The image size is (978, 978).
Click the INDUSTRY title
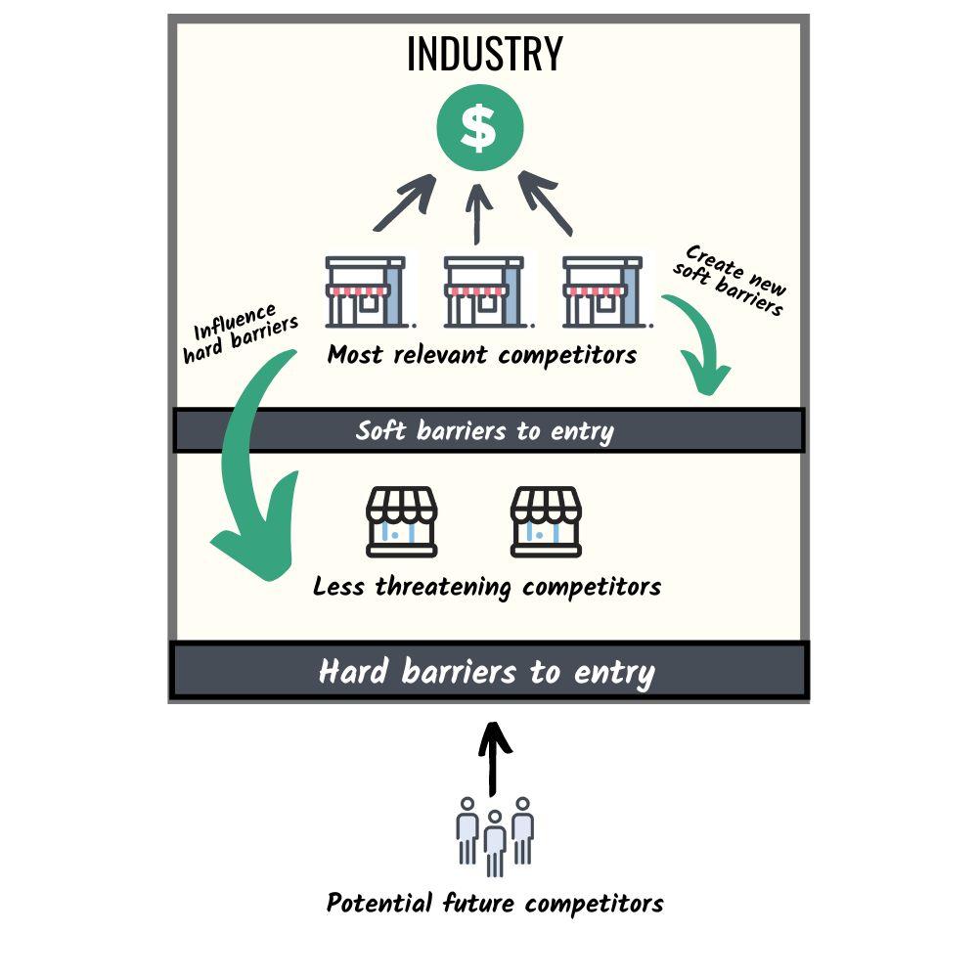click(x=484, y=54)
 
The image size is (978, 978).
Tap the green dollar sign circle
click(x=479, y=128)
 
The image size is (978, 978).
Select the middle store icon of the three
click(x=484, y=291)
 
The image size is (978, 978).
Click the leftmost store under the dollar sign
click(x=366, y=291)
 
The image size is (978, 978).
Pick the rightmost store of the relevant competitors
click(x=602, y=291)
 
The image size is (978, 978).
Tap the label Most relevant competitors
click(x=482, y=354)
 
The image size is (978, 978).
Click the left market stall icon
click(x=402, y=521)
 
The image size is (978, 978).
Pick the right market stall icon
click(x=547, y=521)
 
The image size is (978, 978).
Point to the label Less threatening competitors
click(x=487, y=587)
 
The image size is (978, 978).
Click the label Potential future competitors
click(x=495, y=903)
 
